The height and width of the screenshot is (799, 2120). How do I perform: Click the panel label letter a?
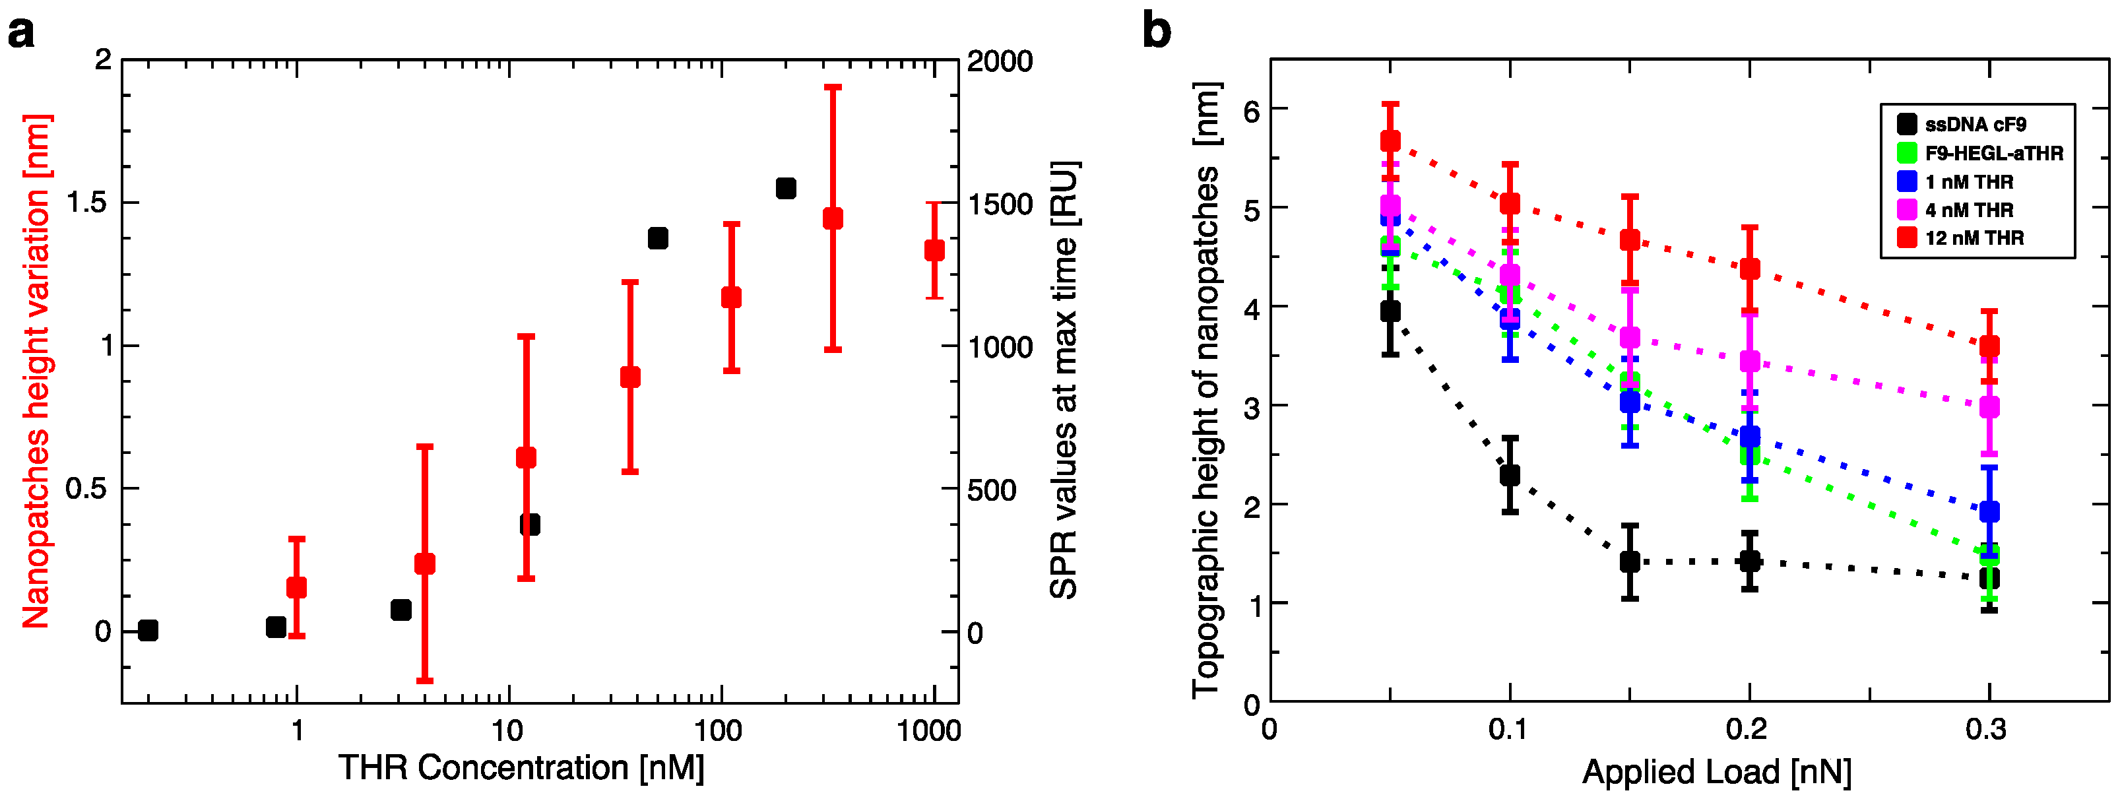tap(20, 34)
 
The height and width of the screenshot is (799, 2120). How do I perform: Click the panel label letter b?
tap(1157, 33)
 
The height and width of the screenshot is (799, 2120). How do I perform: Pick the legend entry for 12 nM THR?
tap(1974, 238)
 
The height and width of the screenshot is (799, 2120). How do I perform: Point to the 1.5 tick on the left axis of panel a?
tap(87, 203)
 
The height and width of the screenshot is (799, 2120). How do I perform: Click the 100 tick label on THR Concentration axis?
tap(719, 730)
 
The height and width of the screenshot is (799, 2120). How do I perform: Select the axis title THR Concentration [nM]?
tap(521, 769)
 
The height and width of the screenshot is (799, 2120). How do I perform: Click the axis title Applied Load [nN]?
tap(1716, 773)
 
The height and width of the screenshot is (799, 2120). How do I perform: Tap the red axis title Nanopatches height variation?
tap(36, 371)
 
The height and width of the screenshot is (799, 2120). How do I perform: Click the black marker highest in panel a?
tap(786, 189)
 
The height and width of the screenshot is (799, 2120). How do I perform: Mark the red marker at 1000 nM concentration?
tap(934, 250)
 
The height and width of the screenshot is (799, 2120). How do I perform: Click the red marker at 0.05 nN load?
tap(1390, 141)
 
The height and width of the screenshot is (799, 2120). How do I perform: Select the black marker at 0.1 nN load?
tap(1510, 475)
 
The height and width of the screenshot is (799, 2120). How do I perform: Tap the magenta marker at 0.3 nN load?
tap(1989, 407)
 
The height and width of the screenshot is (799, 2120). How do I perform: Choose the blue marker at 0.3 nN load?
tap(1989, 512)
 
